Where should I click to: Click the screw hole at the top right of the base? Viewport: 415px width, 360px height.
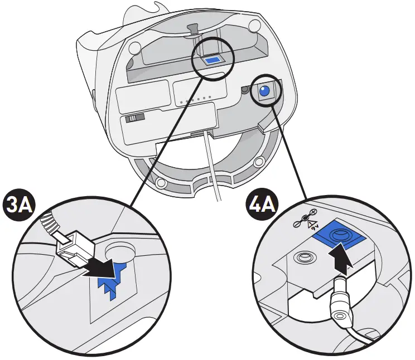pos(254,25)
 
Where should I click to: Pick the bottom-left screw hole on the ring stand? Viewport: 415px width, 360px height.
pos(161,182)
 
